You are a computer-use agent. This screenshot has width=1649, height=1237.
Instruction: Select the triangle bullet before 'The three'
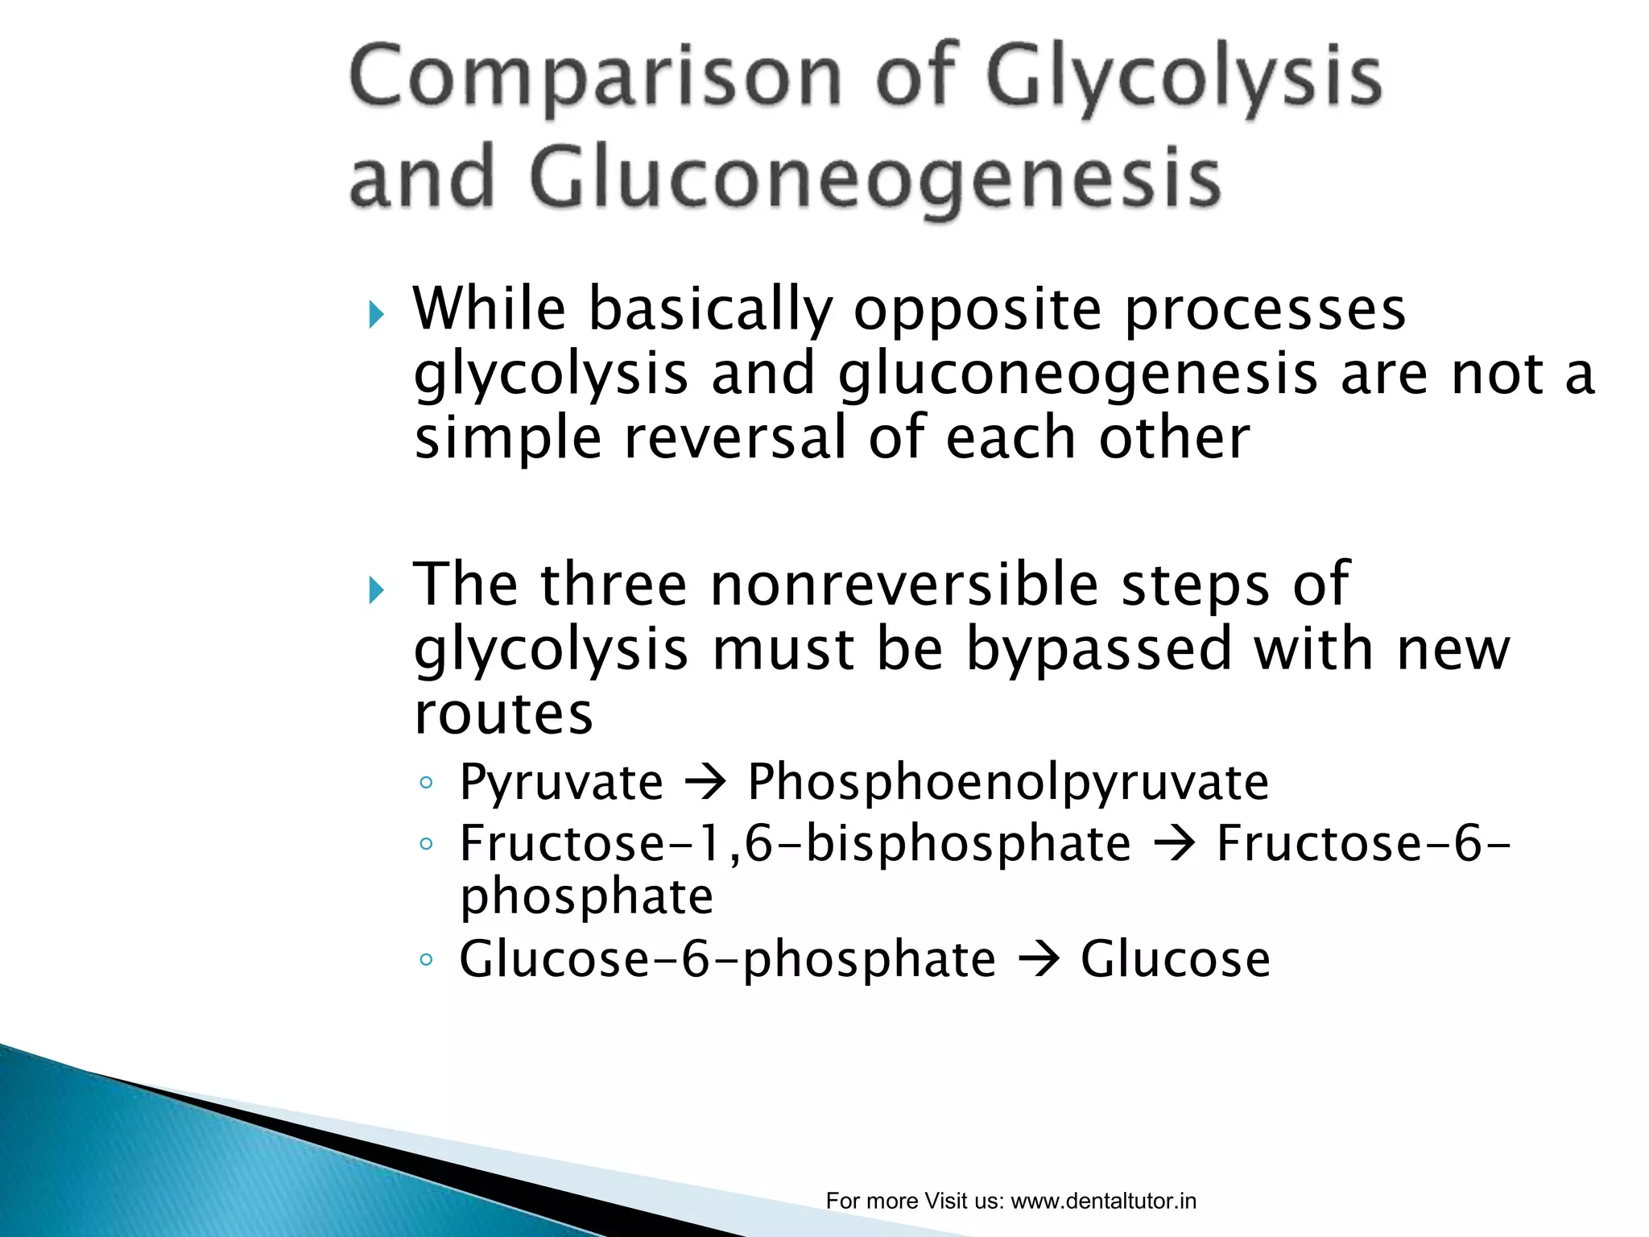pos(376,590)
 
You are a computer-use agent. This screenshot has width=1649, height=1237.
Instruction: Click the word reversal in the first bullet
pos(735,439)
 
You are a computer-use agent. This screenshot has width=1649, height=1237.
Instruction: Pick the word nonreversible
pos(904,585)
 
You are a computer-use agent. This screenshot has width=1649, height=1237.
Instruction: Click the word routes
pos(503,714)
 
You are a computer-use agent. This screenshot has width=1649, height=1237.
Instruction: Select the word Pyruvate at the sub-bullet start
pos(561,782)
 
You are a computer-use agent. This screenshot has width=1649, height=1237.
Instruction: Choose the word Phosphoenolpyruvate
pos(1008,782)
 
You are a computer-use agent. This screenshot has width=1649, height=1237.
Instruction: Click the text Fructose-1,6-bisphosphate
pos(795,844)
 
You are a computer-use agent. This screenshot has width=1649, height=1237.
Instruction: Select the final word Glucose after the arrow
pos(1175,959)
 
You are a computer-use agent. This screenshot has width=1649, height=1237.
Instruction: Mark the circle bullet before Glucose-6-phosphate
pos(427,959)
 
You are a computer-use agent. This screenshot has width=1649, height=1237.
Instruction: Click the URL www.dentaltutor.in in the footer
pos(1103,1201)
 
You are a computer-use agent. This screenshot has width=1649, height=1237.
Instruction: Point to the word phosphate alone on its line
pos(586,896)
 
